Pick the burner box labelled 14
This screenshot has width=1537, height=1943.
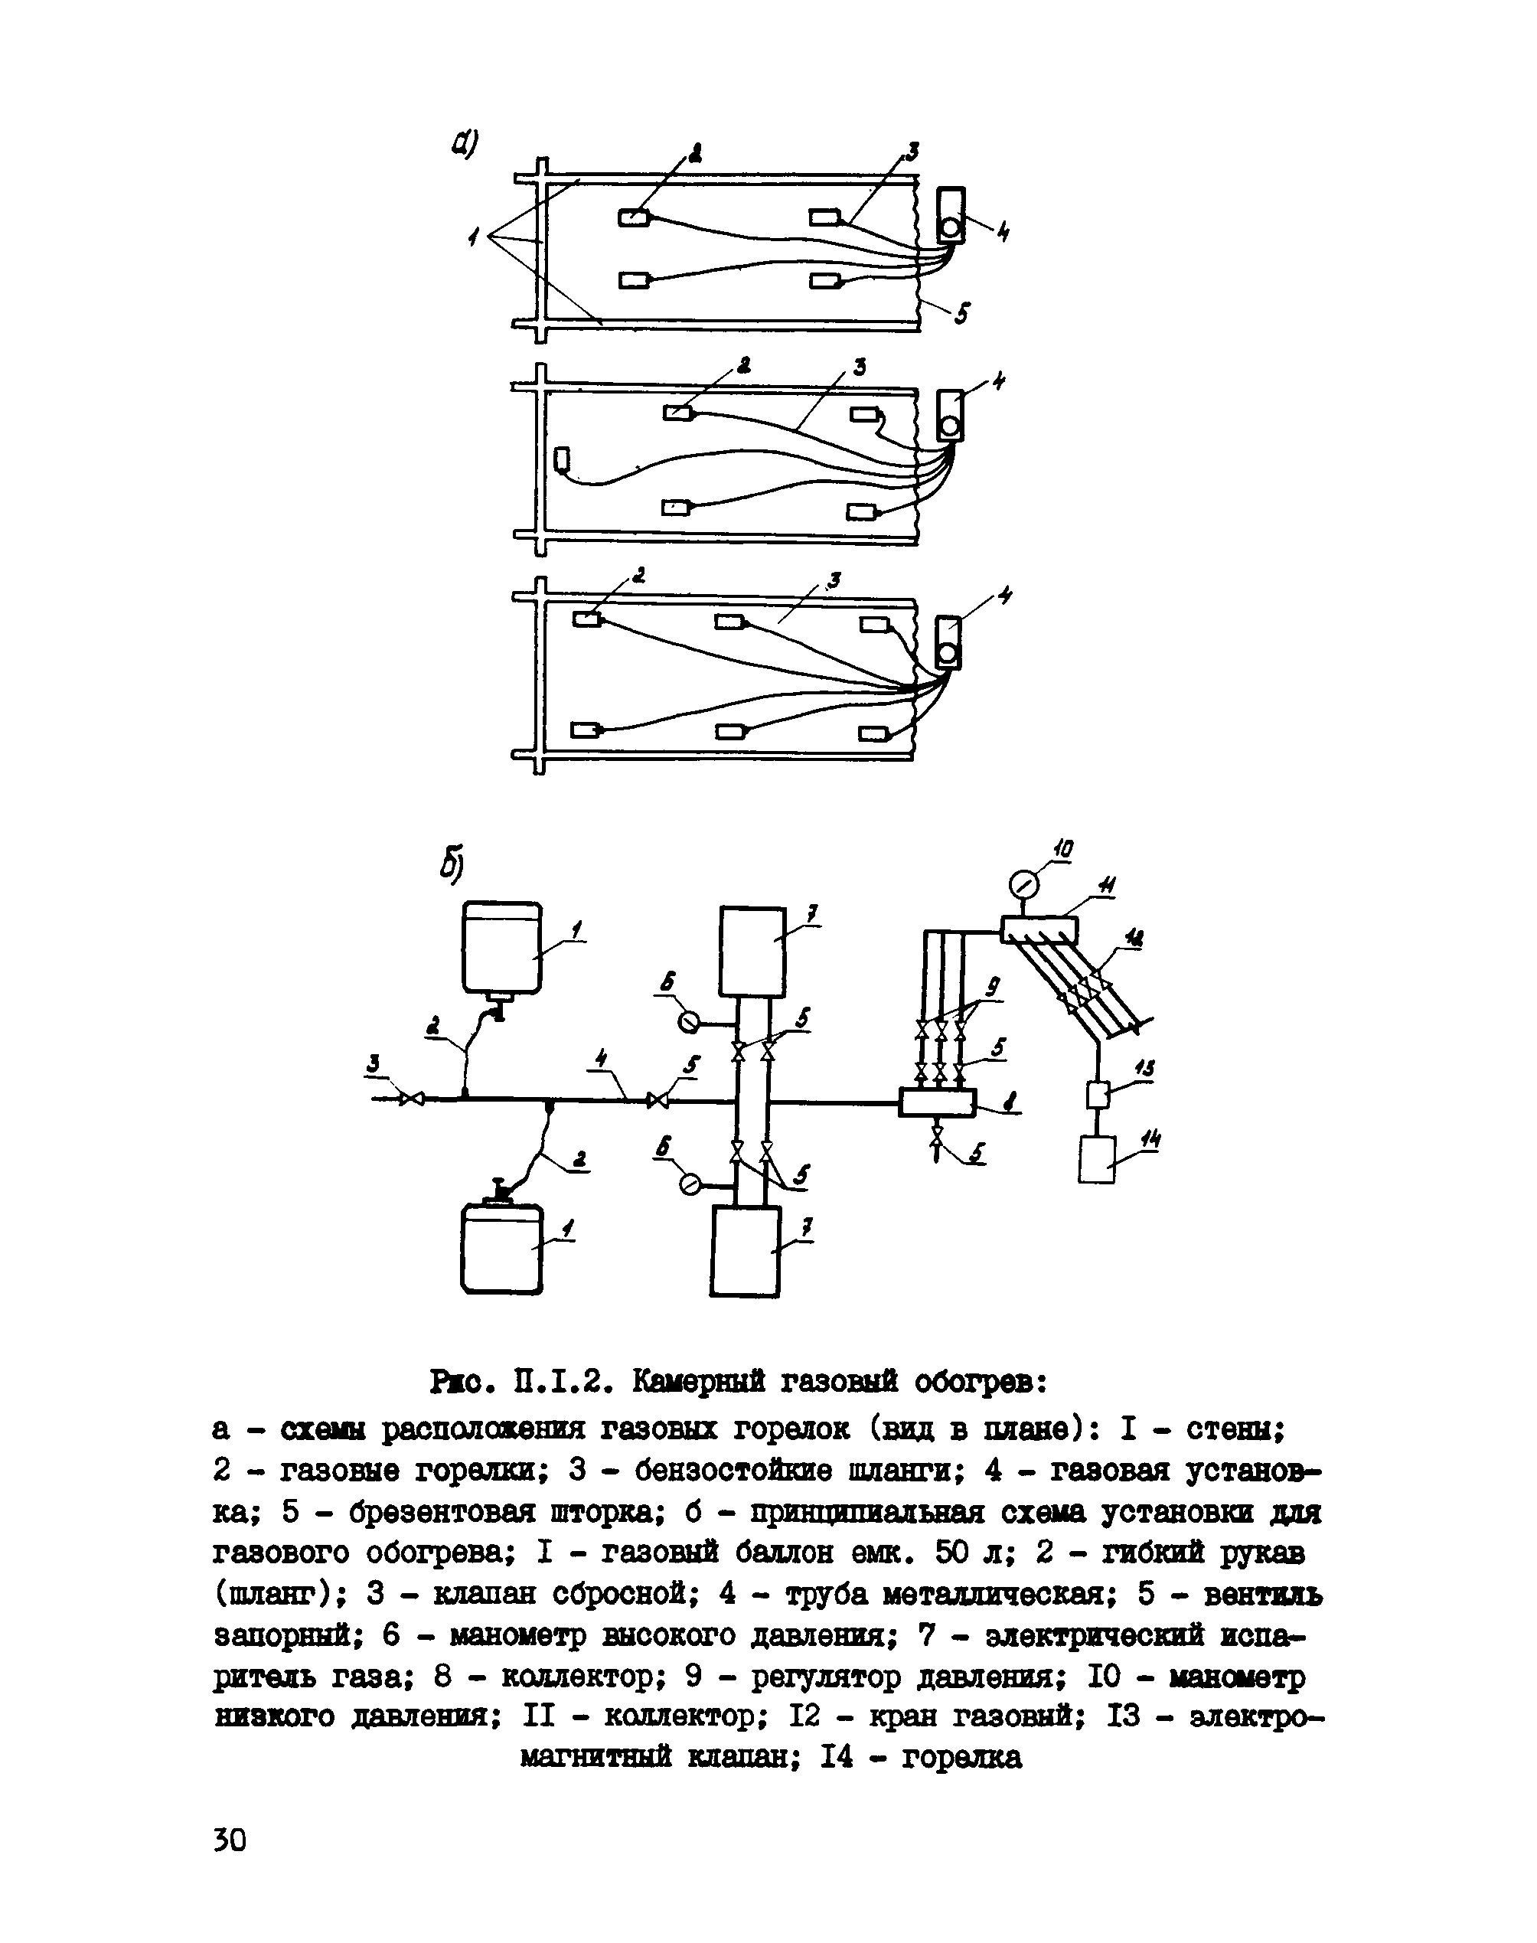coord(1097,1160)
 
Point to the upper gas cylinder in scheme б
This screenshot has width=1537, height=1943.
coord(501,947)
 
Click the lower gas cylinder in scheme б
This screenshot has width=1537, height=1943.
coord(501,1249)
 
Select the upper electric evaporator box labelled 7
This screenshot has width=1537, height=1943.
coord(752,950)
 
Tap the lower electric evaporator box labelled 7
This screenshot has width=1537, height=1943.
coord(745,1250)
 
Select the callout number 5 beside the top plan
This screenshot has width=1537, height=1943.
coord(961,314)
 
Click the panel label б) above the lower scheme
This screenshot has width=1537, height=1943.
coord(451,863)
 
